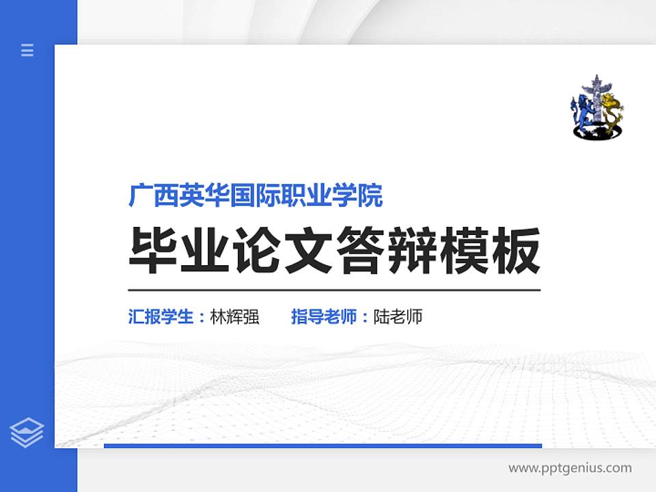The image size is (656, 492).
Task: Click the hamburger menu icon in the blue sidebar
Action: (x=27, y=50)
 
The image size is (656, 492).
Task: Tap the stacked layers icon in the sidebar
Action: (x=27, y=433)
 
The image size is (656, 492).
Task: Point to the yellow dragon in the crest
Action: (x=613, y=111)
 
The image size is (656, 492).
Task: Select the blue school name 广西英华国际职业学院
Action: (x=256, y=196)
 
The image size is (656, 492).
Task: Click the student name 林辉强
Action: (x=235, y=317)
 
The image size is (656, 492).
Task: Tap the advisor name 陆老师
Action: (x=398, y=317)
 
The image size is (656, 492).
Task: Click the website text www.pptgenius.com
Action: (x=570, y=468)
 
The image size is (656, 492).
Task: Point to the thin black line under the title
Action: (x=334, y=290)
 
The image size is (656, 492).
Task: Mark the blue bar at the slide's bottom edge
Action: (x=323, y=446)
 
